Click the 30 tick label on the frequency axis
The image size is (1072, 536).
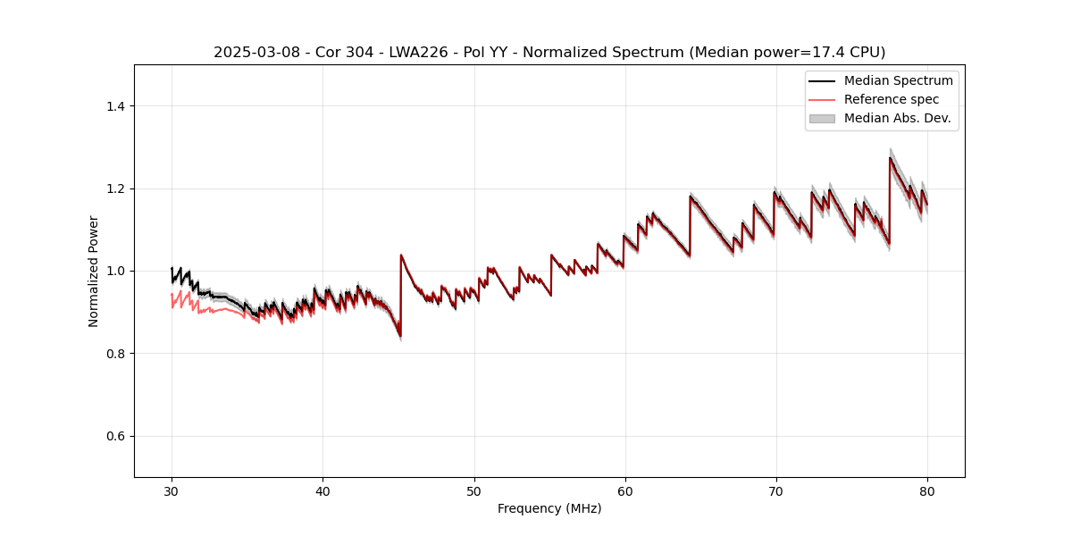click(172, 490)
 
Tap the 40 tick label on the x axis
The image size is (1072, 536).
click(322, 490)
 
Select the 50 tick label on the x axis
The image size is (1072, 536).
click(474, 490)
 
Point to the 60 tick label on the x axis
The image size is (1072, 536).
click(625, 490)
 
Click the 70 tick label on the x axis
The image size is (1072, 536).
click(776, 490)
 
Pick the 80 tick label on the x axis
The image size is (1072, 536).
click(927, 490)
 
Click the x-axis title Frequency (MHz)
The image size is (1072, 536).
click(549, 508)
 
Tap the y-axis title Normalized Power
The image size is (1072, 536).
click(94, 271)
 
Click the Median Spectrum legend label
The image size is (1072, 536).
click(898, 80)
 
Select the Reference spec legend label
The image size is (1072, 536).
click(892, 99)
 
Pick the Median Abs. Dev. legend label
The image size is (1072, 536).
click(897, 118)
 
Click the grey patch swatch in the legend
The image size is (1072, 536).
click(821, 118)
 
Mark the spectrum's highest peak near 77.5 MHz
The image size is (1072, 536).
click(890, 158)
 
